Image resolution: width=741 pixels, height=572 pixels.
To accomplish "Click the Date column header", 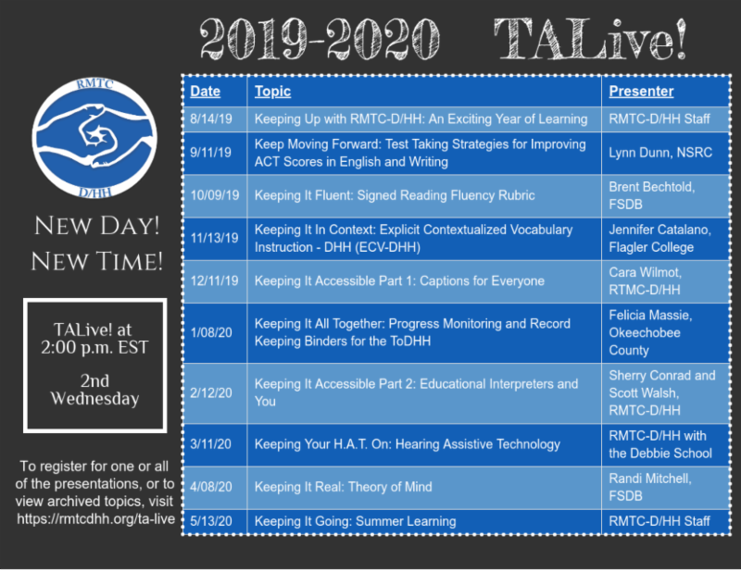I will pos(206,92).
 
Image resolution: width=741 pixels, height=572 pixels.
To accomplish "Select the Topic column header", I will pos(272,92).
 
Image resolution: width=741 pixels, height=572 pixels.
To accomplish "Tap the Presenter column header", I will pos(641,92).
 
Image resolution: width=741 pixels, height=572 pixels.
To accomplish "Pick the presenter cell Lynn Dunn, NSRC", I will pos(660,153).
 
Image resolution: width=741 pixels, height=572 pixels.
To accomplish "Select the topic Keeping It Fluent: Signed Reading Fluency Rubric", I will pos(395,196).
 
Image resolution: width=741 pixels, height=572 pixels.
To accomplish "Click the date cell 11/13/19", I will pos(214,238).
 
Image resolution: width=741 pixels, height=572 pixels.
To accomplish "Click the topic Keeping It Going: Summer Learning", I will pos(356,522).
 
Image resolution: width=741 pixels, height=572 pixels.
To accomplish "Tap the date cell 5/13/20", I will pos(210,522).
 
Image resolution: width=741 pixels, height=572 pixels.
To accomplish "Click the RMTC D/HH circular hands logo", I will pos(93,134).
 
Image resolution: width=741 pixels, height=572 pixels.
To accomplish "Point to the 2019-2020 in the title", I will pos(323,40).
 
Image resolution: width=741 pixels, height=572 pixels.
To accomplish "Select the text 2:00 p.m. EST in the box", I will pos(95,349).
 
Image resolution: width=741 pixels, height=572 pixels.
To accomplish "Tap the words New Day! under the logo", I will pos(96,225).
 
